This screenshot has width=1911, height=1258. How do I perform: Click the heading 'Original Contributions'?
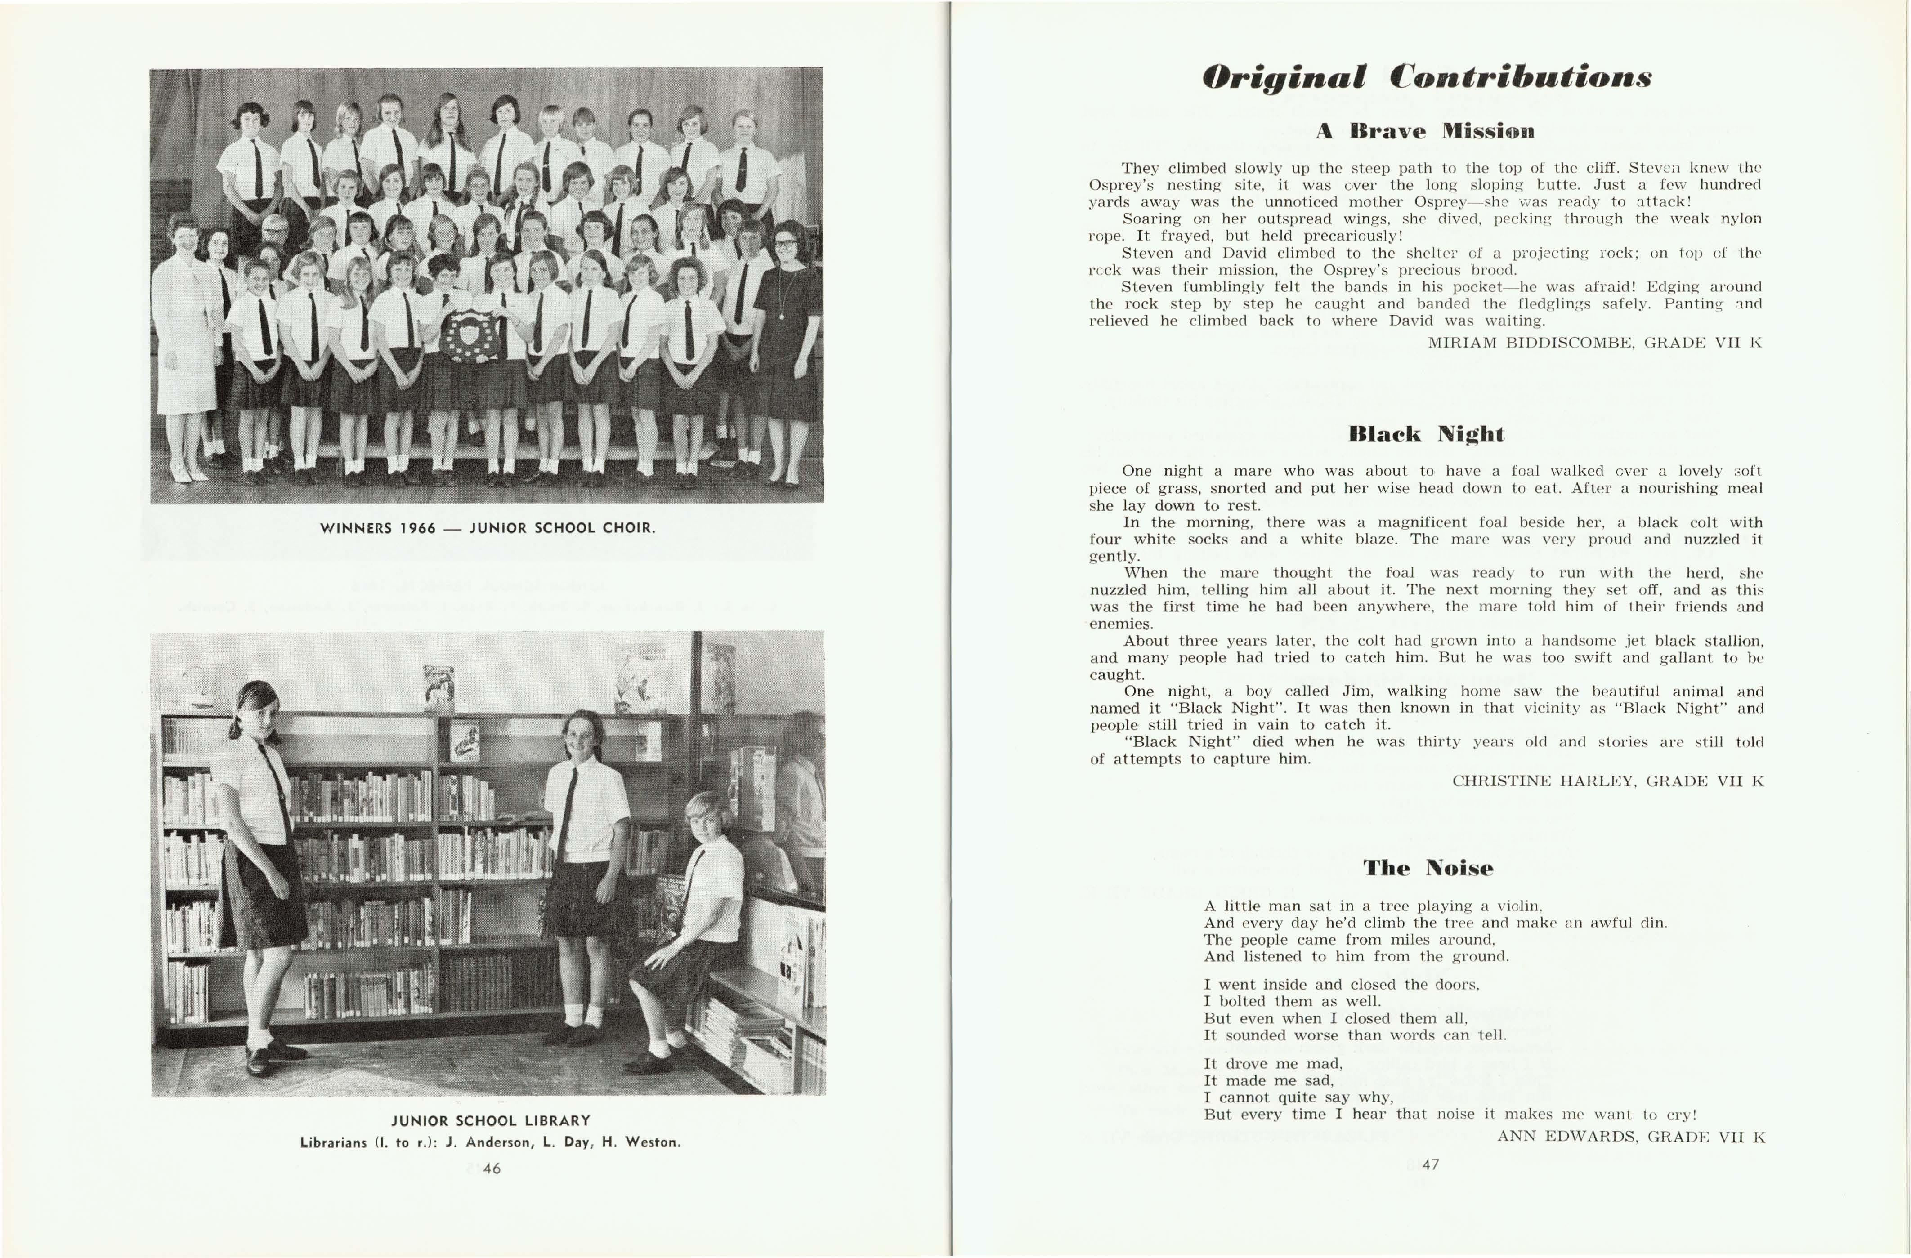coord(1426,78)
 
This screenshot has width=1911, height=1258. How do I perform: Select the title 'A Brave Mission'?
coord(1425,131)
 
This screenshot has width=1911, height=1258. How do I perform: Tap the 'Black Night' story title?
coord(1426,434)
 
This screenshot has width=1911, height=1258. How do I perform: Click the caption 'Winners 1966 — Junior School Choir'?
coord(488,528)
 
